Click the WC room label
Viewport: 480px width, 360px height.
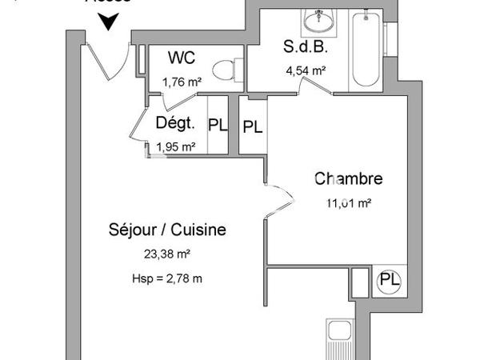coord(180,58)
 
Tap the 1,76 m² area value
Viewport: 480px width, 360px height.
coord(181,81)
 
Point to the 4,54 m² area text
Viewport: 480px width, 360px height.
coord(306,70)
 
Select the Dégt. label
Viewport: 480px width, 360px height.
coord(175,123)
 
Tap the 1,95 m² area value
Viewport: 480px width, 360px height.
coord(176,146)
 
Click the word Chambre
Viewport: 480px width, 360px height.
coord(348,179)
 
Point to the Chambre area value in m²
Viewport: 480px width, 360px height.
coord(347,203)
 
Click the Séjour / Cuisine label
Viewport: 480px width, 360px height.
coord(167,230)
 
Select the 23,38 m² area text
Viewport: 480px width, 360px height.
coord(167,254)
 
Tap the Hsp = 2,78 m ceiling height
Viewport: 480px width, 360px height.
coord(167,278)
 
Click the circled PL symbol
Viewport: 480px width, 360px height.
coord(390,280)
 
